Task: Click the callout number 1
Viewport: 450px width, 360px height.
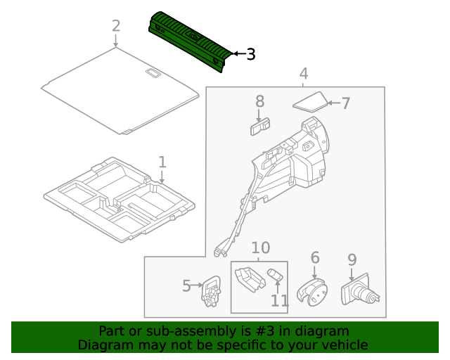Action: (162, 162)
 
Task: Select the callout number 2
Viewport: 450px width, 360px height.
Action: (116, 27)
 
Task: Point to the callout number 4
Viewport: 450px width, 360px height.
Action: (304, 73)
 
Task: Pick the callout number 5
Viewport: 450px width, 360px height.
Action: (186, 285)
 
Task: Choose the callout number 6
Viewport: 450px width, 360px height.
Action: (314, 258)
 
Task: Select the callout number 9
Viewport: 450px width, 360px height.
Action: (352, 259)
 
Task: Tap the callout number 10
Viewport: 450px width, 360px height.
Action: (260, 247)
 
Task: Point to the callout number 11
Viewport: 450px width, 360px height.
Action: (279, 301)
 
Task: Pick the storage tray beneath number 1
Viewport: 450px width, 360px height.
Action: (120, 204)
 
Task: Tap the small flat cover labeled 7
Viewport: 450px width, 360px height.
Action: (309, 101)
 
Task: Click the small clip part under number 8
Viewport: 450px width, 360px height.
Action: (259, 126)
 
